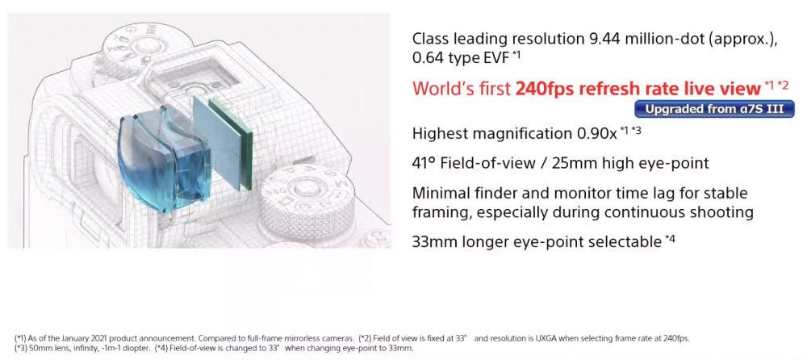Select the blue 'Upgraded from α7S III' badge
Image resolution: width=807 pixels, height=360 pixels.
click(x=714, y=109)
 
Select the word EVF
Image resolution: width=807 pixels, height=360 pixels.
click(x=496, y=57)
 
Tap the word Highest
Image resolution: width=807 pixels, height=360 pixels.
click(x=441, y=134)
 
